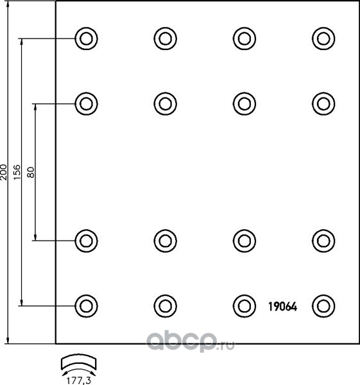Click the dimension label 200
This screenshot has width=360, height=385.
(x=4, y=172)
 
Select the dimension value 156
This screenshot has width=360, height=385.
(x=17, y=172)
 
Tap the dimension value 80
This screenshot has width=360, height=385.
(x=31, y=172)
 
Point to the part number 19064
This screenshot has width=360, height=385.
(x=282, y=307)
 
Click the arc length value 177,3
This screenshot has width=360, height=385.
(x=79, y=381)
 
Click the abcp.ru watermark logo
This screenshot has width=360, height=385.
(x=191, y=341)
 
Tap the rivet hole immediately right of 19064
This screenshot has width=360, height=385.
(x=323, y=306)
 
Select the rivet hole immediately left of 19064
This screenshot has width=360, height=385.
(x=244, y=306)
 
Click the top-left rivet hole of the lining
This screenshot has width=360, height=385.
(x=86, y=38)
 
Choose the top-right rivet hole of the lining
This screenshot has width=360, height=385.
(x=323, y=38)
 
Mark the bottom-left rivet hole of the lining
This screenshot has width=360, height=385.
(x=86, y=306)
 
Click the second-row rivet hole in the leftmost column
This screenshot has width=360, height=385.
(x=86, y=103)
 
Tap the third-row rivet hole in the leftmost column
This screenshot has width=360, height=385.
(x=86, y=241)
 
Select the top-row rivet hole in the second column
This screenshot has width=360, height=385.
(x=166, y=38)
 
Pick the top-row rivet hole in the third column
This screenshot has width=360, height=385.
(x=244, y=38)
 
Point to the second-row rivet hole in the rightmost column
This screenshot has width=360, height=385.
(x=323, y=103)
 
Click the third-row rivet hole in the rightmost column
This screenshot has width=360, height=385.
(x=323, y=241)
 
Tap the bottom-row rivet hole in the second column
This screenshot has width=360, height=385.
(x=166, y=306)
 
